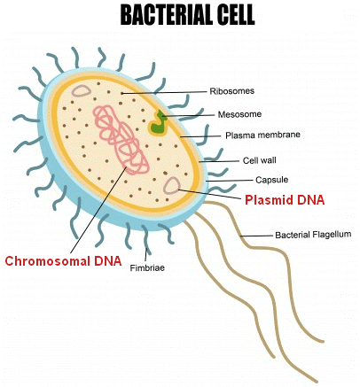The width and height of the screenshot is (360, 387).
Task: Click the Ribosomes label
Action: click(x=232, y=91)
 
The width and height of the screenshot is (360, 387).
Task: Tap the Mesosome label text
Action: click(x=239, y=114)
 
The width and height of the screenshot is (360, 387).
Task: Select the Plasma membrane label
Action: click(x=262, y=135)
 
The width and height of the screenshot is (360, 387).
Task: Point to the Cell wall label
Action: click(x=260, y=160)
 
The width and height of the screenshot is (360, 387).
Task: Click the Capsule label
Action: click(x=271, y=180)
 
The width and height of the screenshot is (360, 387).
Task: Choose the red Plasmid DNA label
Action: click(x=285, y=200)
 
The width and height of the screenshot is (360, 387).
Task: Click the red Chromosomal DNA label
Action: click(x=63, y=261)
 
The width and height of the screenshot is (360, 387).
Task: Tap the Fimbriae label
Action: click(x=147, y=268)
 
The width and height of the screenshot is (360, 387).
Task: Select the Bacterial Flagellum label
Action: click(x=313, y=235)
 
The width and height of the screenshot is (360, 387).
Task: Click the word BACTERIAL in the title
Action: click(x=167, y=15)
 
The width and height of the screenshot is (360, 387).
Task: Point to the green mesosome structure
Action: click(x=158, y=123)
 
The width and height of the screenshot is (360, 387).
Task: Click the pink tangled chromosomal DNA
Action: click(x=121, y=140)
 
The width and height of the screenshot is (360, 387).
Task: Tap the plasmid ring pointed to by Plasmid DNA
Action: click(x=172, y=186)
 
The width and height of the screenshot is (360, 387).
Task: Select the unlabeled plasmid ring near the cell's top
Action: click(x=82, y=91)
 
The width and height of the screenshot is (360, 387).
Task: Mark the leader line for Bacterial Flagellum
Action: click(x=256, y=236)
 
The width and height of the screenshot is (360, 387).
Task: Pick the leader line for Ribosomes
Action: click(x=164, y=93)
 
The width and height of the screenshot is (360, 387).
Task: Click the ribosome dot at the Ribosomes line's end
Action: click(x=121, y=93)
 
